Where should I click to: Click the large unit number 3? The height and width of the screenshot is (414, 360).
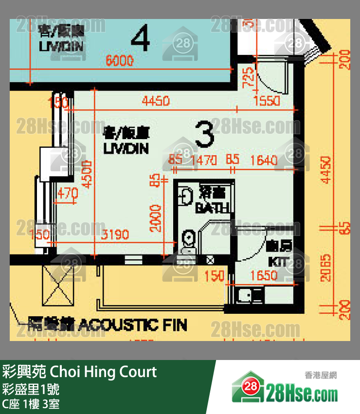click(x=204, y=135)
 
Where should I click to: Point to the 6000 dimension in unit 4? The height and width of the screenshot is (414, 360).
click(x=120, y=61)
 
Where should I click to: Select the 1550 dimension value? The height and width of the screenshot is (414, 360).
click(x=267, y=101)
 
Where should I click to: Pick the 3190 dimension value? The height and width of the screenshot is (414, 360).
click(x=115, y=235)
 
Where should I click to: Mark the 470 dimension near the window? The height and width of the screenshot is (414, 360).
click(x=67, y=193)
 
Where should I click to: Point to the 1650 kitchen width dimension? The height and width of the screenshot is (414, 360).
click(x=263, y=276)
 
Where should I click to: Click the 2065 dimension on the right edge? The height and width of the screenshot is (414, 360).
click(x=326, y=268)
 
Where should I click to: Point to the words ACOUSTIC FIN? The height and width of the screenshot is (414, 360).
click(x=132, y=325)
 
